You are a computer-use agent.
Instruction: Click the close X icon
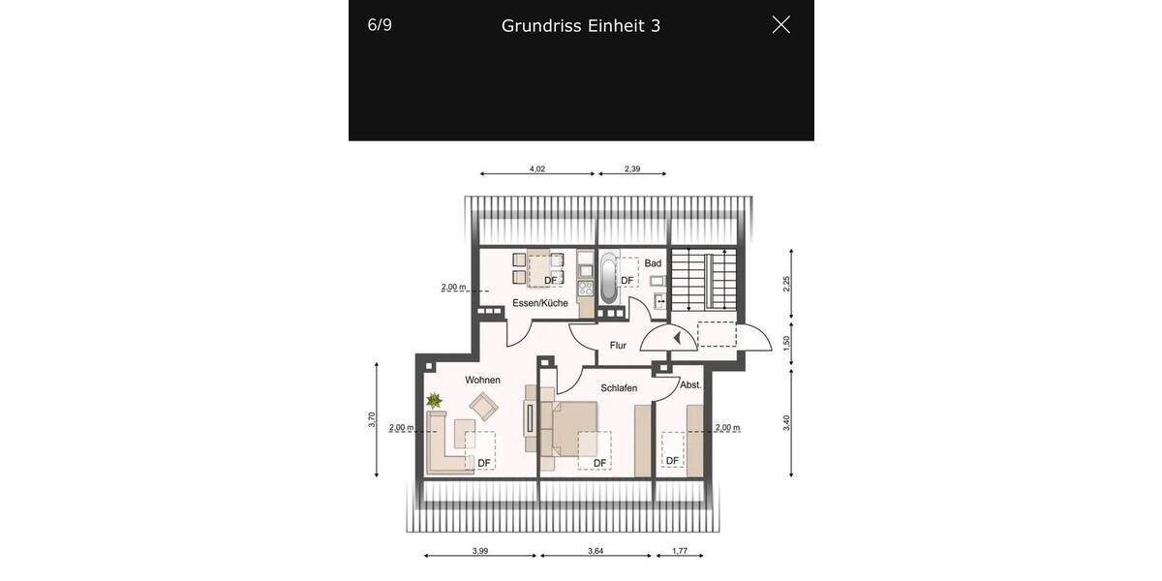780,25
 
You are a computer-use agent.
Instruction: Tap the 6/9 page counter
380,25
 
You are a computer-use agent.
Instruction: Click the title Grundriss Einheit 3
581,26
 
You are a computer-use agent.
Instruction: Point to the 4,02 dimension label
537,168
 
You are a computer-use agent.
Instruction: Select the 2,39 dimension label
632,168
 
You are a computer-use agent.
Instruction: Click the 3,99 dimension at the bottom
480,551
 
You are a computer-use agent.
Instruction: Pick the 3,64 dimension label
596,551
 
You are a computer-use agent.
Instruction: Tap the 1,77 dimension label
679,551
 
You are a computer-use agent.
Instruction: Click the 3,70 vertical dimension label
372,419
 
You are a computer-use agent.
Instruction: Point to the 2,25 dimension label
787,283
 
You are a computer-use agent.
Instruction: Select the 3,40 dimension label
787,422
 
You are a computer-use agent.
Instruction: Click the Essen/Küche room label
540,303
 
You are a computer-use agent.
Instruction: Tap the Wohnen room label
482,380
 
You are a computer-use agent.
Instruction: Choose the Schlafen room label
619,387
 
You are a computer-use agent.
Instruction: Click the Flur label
618,345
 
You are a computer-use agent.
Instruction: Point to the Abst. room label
690,384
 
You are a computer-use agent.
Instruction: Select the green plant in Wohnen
434,400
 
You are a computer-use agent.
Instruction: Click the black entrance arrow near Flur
677,338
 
